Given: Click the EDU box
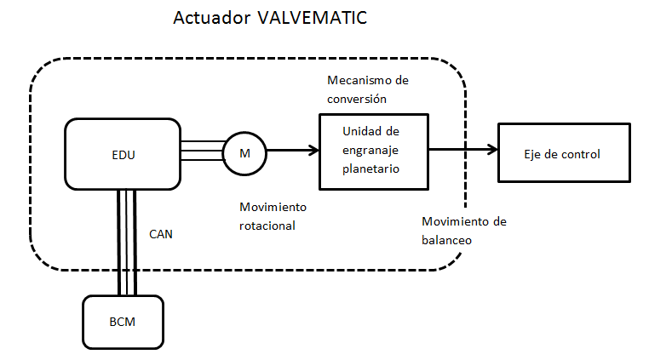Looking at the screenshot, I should point(123,154).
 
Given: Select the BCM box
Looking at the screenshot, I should point(123,323).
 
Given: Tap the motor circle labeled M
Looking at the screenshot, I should point(244,153).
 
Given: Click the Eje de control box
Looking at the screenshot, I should point(562,153).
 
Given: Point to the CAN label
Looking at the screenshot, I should point(161,233).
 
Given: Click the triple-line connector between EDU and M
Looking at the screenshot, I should point(201,153).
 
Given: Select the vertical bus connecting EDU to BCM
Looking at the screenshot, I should point(127,243).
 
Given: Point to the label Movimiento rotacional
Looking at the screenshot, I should point(273,217).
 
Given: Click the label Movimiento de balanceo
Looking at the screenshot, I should point(464,231).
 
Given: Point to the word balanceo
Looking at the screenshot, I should point(447,240).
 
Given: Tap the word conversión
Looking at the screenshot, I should point(357,98).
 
